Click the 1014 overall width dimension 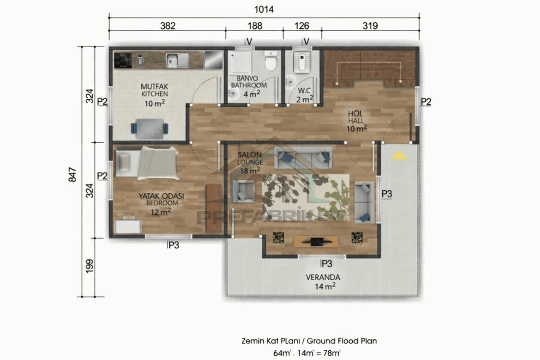click(264, 10)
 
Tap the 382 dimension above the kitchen click(168, 26)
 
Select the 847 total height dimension click(72, 175)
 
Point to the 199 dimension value click(89, 266)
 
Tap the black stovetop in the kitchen click(123, 60)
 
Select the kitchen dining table click(149, 129)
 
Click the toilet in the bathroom click(270, 61)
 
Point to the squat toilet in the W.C click(301, 62)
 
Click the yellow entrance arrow click(399, 155)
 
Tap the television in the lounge click(316, 241)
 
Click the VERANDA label click(323, 277)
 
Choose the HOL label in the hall click(355, 114)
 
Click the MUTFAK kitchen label click(154, 87)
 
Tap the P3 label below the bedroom click(173, 245)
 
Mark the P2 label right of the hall click(426, 102)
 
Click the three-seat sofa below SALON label click(303, 158)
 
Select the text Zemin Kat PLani click(271, 341)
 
